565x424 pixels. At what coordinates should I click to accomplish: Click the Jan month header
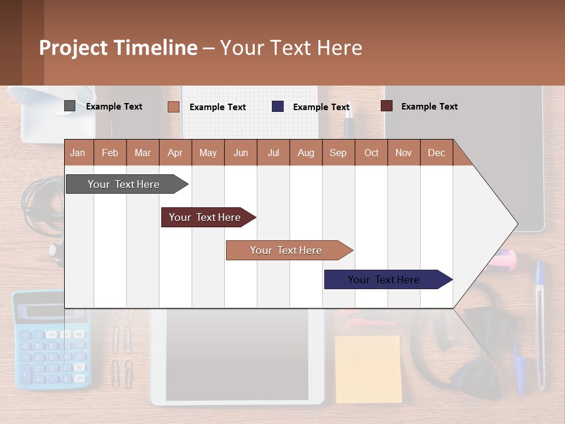(78, 153)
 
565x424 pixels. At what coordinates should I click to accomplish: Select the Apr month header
(175, 153)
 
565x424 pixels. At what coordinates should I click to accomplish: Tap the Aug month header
(305, 153)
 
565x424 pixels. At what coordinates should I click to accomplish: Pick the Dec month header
(436, 153)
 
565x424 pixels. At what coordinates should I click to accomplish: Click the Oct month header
(371, 153)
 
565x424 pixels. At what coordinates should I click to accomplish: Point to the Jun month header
(240, 153)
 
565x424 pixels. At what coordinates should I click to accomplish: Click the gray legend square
(69, 106)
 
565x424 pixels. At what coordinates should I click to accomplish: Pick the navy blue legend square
(278, 107)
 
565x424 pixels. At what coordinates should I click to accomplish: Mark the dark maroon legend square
(386, 106)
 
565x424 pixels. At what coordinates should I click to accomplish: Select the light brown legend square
(173, 107)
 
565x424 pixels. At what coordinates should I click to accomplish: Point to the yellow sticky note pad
(368, 369)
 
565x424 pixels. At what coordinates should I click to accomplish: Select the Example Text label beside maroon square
(429, 106)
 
